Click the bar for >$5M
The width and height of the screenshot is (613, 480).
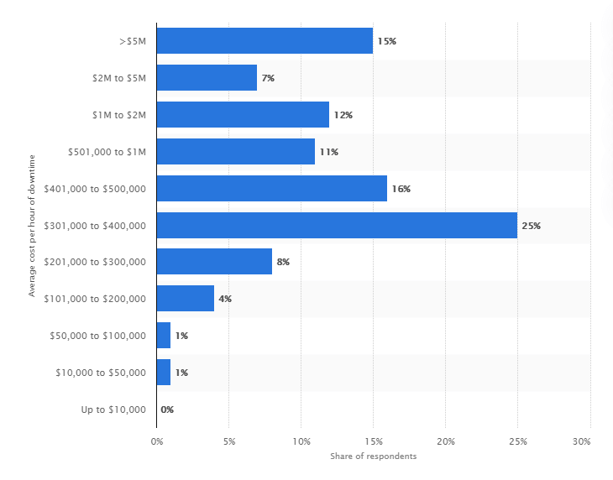(x=265, y=41)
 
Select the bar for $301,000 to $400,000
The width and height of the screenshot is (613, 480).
(x=337, y=225)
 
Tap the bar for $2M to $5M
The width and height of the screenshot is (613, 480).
(x=207, y=78)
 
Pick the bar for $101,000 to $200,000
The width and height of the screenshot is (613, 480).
(x=186, y=299)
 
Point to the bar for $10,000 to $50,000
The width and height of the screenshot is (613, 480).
(x=164, y=373)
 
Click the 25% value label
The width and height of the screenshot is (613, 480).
(x=531, y=226)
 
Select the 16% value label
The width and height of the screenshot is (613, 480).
(x=401, y=189)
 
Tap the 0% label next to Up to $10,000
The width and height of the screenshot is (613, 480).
(x=167, y=410)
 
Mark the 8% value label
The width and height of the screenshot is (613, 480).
(x=283, y=262)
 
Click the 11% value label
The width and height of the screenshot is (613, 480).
(x=328, y=152)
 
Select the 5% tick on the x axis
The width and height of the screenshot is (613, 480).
(x=229, y=441)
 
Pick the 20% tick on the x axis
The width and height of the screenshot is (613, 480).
(x=446, y=441)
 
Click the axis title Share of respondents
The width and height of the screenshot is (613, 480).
(x=374, y=457)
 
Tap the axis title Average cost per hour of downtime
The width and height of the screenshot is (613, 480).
(x=32, y=225)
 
